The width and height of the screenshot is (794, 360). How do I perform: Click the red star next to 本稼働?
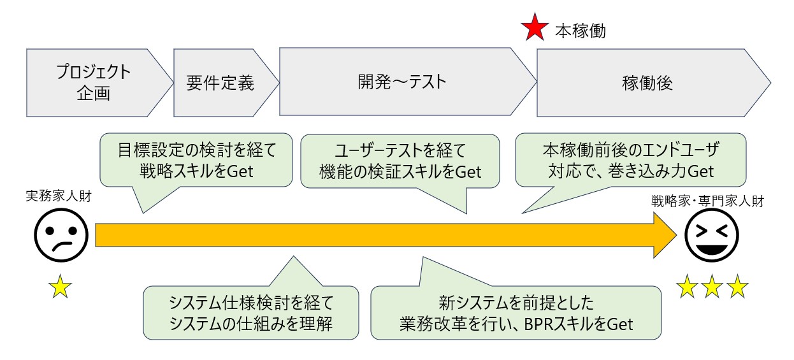535,27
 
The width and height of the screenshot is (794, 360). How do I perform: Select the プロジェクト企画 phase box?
99,83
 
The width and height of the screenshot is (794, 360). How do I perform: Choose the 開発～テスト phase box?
408,82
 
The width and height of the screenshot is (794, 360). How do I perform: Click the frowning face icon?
61,235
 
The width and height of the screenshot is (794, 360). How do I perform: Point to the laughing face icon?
711,235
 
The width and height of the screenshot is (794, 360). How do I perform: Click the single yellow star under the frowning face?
60,286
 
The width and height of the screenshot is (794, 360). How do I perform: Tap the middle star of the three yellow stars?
712,286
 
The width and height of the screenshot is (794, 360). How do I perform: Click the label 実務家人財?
59,196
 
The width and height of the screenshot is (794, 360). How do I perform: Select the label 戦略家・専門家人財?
707,201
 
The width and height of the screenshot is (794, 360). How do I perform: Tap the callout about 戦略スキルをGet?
196,160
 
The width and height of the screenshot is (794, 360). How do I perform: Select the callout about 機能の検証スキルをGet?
400,161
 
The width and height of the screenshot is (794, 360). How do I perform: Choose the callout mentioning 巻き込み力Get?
631,160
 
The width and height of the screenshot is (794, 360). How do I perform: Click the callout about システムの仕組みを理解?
251,312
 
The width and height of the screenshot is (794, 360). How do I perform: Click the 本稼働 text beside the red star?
581,31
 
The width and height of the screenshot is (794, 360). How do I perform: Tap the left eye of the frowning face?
50,231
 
